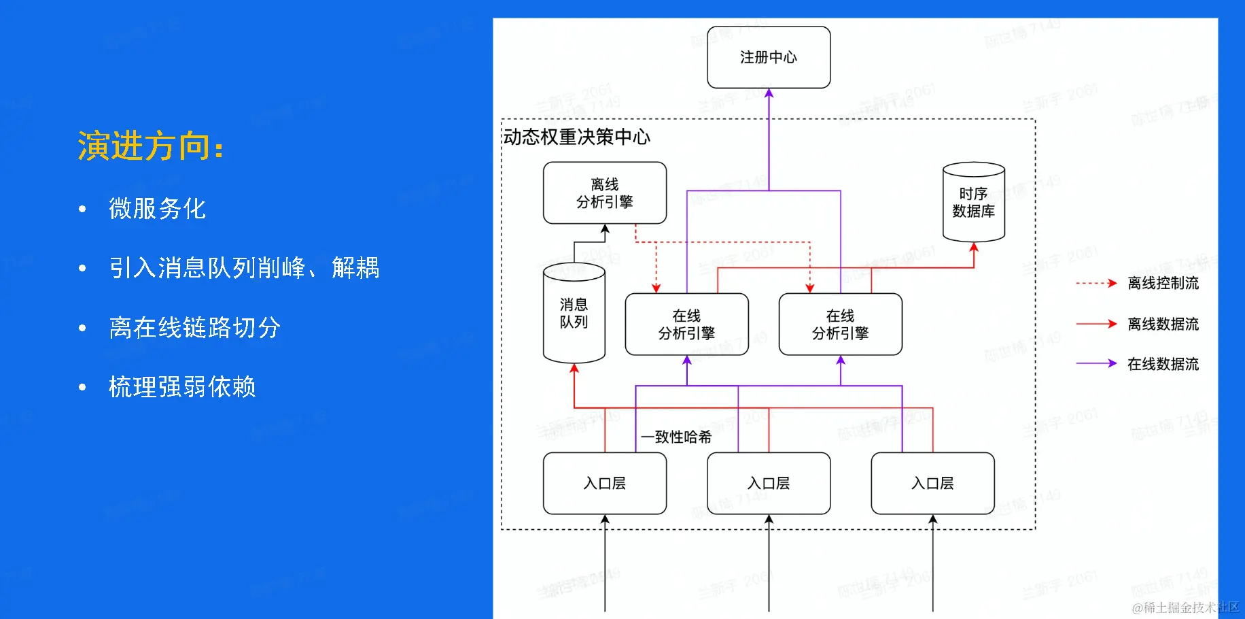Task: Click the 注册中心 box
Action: [x=769, y=57]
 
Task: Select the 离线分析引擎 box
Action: [x=605, y=193]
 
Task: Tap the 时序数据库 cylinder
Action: [x=973, y=203]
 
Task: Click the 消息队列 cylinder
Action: [x=574, y=314]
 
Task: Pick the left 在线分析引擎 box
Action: [x=686, y=324]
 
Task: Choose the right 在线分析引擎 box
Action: [x=840, y=324]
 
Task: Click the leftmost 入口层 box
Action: [x=605, y=484]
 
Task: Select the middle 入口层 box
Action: [x=769, y=484]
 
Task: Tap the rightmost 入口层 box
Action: [x=932, y=484]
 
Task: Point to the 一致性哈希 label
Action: [x=676, y=437]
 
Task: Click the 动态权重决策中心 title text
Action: [x=576, y=137]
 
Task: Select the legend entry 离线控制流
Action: [x=1163, y=283]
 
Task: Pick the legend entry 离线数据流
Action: [x=1163, y=324]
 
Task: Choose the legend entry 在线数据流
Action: [x=1163, y=364]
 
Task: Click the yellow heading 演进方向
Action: [x=150, y=146]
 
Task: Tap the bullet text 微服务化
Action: [x=157, y=208]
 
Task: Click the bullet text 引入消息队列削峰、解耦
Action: [x=244, y=267]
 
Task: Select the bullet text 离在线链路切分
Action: [x=194, y=327]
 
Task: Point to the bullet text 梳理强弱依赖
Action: [x=182, y=386]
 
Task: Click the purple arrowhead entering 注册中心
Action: [x=769, y=93]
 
